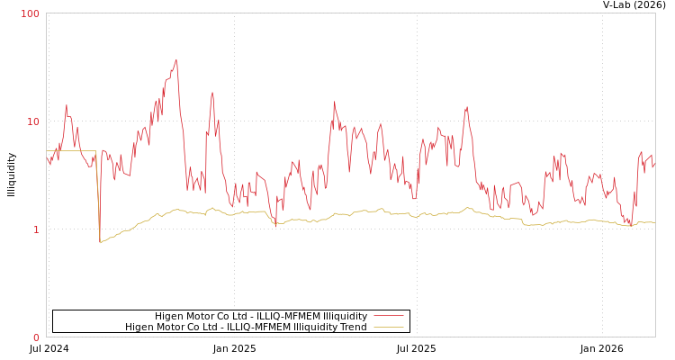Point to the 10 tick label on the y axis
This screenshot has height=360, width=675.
pyautogui.click(x=33, y=121)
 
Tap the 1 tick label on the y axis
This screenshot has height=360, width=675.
pyautogui.click(x=36, y=229)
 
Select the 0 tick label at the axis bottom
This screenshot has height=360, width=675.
pyautogui.click(x=36, y=337)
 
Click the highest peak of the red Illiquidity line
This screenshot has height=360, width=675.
pyautogui.click(x=176, y=60)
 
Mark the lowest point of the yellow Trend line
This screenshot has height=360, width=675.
pyautogui.click(x=100, y=243)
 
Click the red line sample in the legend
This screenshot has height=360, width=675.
pyautogui.click(x=388, y=316)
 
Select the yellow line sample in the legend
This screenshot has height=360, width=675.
pyautogui.click(x=388, y=327)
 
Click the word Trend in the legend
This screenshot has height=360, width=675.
pyautogui.click(x=351, y=327)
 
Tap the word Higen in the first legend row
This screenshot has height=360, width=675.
pyautogui.click(x=170, y=316)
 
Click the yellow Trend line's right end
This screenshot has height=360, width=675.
pyautogui.click(x=654, y=222)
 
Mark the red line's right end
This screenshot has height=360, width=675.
pyautogui.click(x=654, y=166)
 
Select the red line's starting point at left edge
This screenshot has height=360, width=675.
pyautogui.click(x=47, y=157)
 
